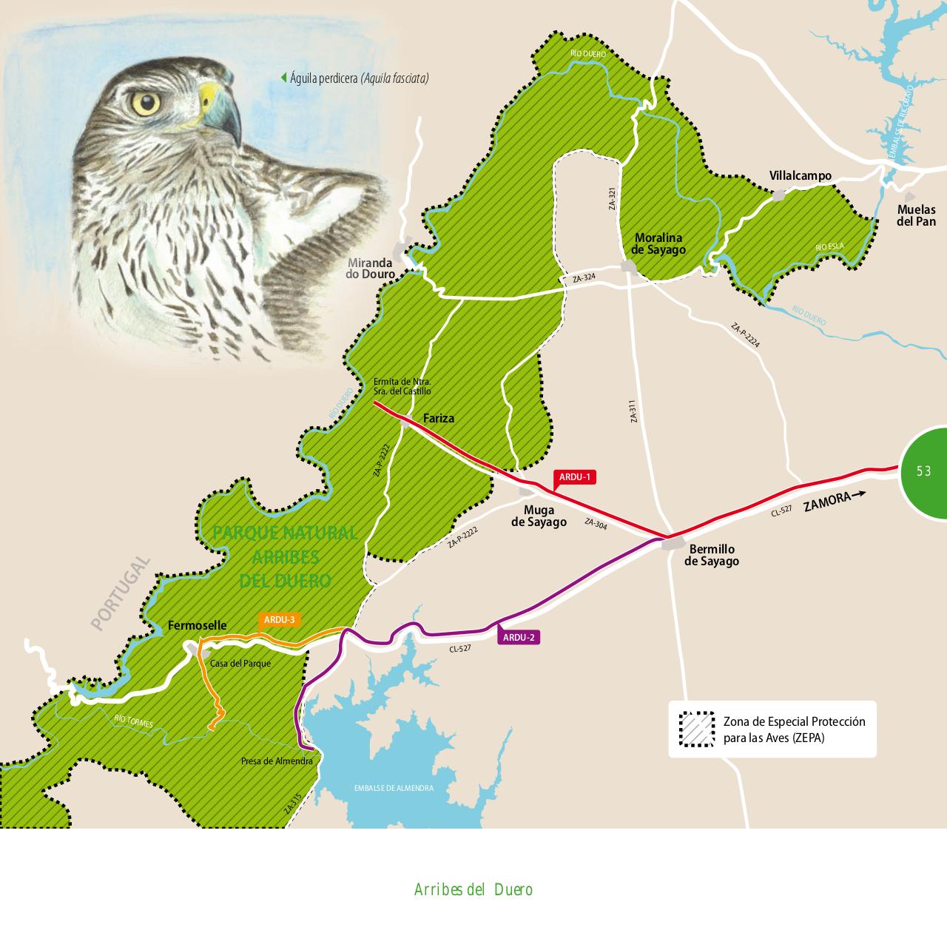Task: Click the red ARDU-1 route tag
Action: (x=575, y=477)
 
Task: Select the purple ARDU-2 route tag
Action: (x=519, y=637)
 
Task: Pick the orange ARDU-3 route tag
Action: (x=279, y=619)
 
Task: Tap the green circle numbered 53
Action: (x=925, y=471)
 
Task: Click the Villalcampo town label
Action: (x=800, y=176)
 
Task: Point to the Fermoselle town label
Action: (x=198, y=625)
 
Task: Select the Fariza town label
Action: (x=439, y=419)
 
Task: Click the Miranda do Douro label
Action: (x=370, y=269)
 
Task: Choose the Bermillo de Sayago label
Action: (x=711, y=555)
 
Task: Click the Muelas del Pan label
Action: (x=916, y=215)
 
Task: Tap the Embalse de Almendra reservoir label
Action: (x=394, y=789)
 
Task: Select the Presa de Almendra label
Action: (x=277, y=761)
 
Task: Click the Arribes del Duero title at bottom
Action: (x=473, y=889)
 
